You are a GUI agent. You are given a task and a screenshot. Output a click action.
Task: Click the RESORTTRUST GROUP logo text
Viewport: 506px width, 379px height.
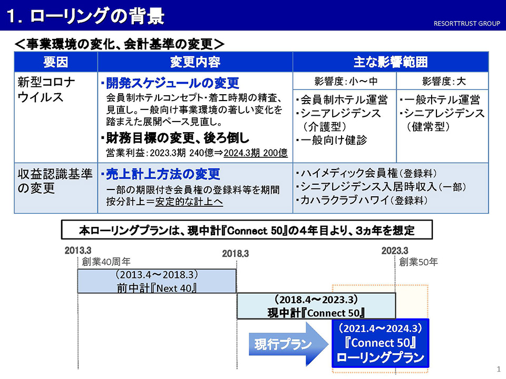466,24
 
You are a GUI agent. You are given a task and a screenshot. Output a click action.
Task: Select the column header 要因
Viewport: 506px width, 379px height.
55,62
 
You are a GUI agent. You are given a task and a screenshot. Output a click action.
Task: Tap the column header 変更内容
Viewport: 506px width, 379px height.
195,62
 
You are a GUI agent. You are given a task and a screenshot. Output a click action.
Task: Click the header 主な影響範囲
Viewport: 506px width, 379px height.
391,62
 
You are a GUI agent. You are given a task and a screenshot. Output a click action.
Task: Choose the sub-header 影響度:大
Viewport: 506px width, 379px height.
444,81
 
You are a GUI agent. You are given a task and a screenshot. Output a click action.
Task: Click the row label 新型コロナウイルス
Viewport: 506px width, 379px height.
46,89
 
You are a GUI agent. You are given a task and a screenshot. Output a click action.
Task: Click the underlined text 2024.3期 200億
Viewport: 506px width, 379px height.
256,153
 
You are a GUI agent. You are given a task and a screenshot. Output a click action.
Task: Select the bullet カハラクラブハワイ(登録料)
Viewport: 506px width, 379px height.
362,201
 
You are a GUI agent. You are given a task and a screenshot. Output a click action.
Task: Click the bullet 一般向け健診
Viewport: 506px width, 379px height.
332,140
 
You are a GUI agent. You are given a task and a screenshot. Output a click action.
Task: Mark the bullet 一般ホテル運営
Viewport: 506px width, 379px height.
440,100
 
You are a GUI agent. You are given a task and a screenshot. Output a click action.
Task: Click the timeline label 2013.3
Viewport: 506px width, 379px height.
78,251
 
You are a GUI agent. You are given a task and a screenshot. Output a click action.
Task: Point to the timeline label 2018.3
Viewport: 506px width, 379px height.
235,254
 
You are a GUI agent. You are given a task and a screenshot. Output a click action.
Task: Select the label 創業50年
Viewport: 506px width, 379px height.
418,262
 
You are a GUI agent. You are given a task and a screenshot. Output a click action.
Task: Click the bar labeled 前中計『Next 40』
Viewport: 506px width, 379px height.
157,281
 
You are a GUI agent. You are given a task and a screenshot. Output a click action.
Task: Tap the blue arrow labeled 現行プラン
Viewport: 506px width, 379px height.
288,344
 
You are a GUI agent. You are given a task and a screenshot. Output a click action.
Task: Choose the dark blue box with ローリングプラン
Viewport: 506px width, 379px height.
381,343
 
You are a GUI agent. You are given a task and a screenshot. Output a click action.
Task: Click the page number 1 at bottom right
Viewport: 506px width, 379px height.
499,369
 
